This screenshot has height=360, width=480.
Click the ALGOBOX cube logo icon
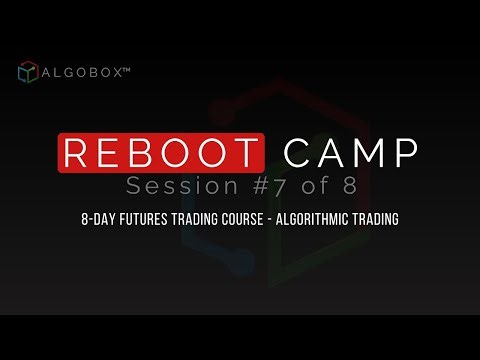(28, 73)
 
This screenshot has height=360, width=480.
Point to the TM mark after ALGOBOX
(133, 69)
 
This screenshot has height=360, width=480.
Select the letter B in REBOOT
(144, 153)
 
